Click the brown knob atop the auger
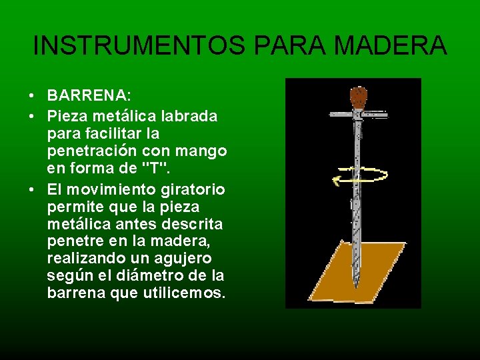[359, 97]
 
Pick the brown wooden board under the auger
[373, 273]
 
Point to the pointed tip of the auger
[355, 285]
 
